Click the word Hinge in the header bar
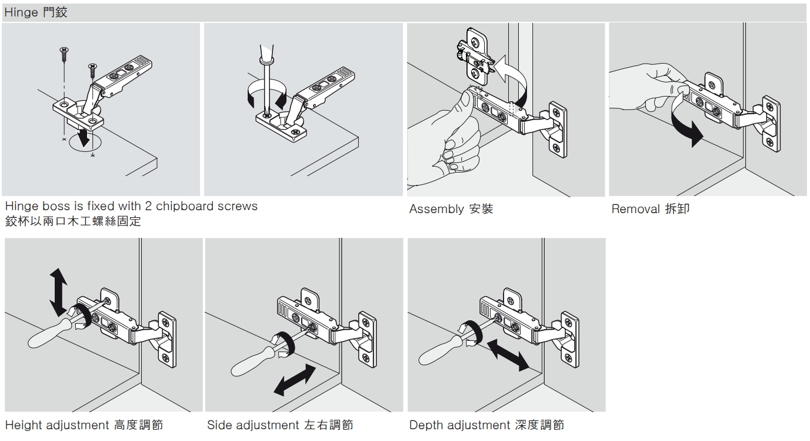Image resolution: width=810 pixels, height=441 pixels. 21,13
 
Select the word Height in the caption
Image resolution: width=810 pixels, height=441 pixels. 23,425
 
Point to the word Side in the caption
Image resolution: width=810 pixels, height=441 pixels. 219,425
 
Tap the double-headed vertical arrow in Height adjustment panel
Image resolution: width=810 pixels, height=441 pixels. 58,291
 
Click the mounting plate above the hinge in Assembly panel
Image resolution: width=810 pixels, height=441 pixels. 474,56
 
